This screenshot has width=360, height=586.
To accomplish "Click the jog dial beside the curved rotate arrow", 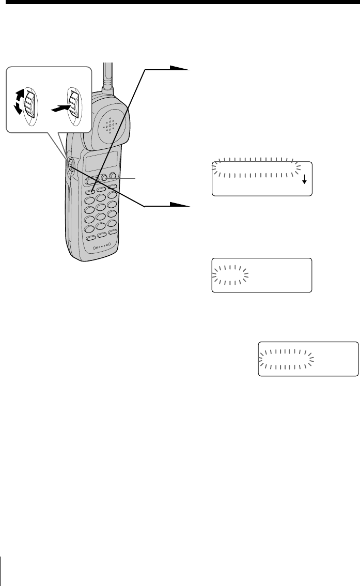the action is (x=30, y=104).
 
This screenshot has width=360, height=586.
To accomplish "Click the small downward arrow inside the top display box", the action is (x=304, y=179).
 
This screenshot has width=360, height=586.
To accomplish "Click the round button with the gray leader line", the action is (x=104, y=178).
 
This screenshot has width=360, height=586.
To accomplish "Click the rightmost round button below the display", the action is (x=113, y=176).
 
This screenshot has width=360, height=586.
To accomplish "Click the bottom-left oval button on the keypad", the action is (x=90, y=238).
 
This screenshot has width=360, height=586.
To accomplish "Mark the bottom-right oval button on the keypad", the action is (x=113, y=234).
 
